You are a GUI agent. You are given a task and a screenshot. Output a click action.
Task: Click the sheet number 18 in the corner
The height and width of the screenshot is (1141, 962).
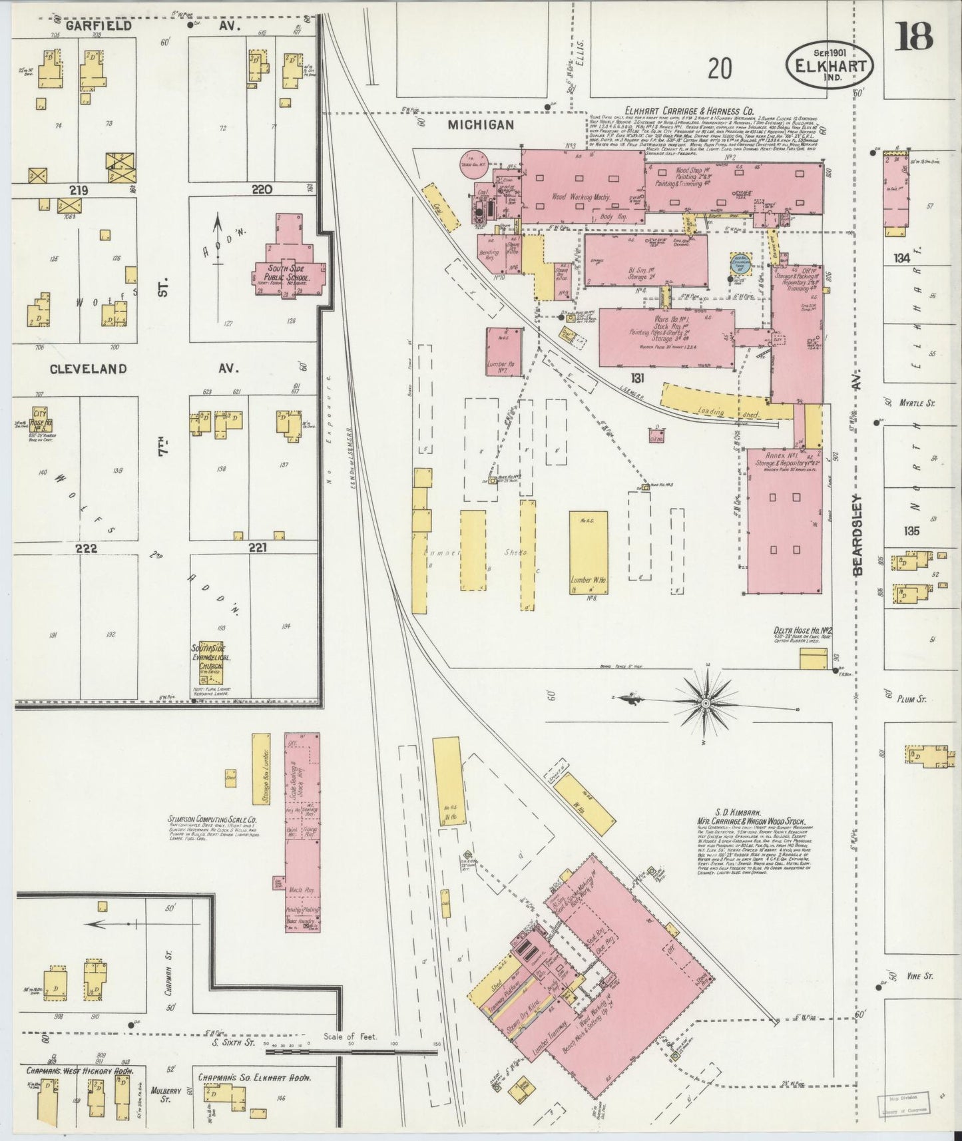coord(913,36)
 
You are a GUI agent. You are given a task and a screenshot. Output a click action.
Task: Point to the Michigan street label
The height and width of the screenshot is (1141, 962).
coord(481,124)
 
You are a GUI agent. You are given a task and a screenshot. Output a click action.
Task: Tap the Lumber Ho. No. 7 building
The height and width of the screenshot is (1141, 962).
coord(503,351)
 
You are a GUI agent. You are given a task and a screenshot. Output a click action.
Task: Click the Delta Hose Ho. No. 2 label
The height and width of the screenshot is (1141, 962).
coord(803,630)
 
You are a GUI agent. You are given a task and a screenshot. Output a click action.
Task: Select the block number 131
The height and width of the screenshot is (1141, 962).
coord(638,377)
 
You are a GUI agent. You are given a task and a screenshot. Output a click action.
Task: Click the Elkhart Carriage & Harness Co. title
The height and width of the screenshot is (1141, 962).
coord(688,111)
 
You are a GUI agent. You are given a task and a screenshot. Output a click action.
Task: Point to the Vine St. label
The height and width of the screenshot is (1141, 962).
coord(919,976)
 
